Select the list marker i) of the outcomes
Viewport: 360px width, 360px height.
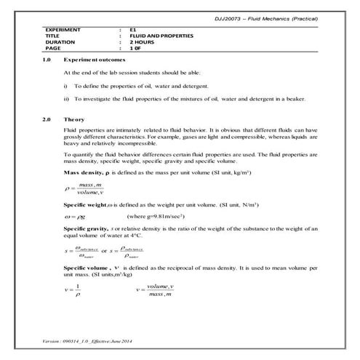66,86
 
